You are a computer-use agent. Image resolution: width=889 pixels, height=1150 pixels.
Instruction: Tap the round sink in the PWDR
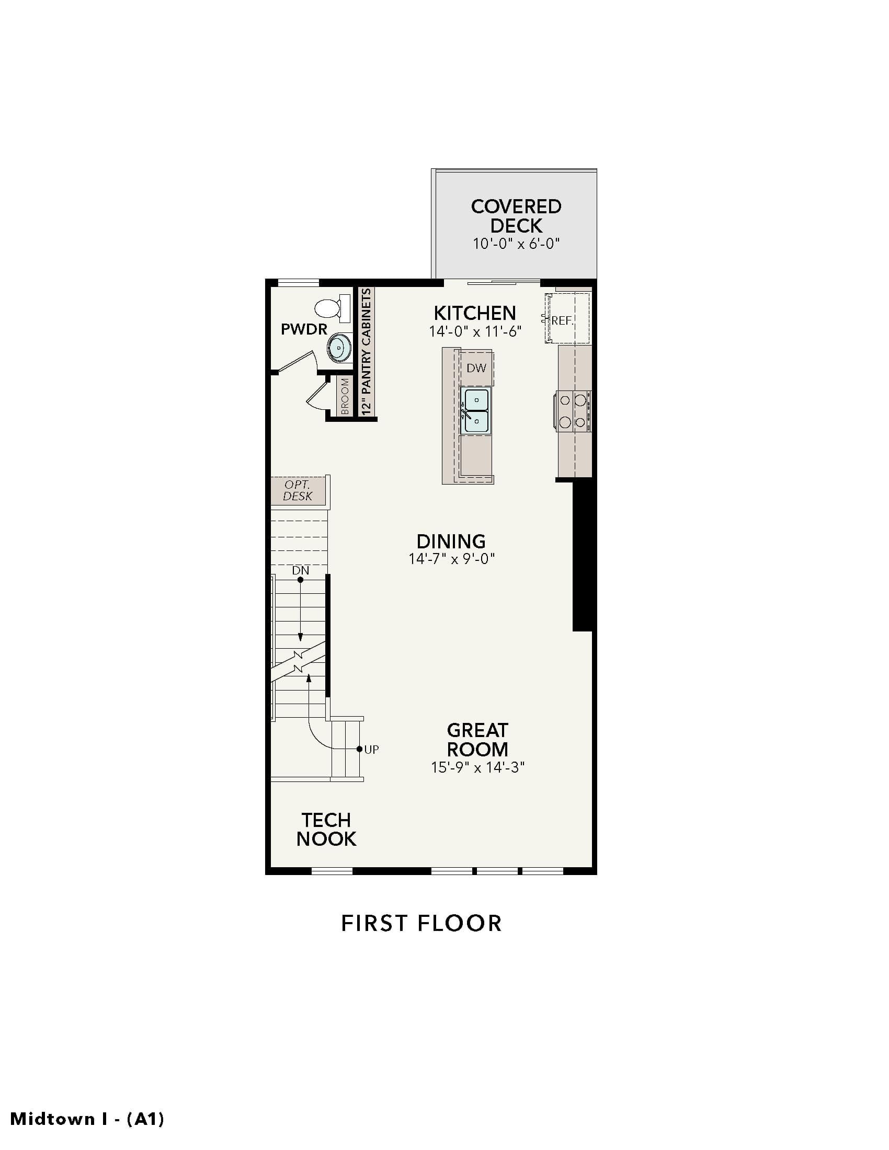pyautogui.click(x=339, y=348)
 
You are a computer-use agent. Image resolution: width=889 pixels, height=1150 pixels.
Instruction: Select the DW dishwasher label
pyautogui.click(x=476, y=368)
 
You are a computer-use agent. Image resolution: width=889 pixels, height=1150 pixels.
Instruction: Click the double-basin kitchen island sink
pyautogui.click(x=475, y=411)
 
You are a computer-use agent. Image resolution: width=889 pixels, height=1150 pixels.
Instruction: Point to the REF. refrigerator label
pyautogui.click(x=562, y=320)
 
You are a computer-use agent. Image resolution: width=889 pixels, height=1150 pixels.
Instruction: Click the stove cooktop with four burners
pyautogui.click(x=573, y=411)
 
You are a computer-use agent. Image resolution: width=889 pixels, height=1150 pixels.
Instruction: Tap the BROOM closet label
pyautogui.click(x=345, y=397)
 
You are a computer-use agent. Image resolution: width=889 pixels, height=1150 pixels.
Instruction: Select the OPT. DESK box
pyautogui.click(x=298, y=490)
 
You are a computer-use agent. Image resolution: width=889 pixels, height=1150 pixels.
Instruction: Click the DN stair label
pyautogui.click(x=301, y=570)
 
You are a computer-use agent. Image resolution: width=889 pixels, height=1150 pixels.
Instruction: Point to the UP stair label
pyautogui.click(x=371, y=749)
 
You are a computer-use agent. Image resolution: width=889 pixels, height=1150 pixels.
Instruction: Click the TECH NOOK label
pyautogui.click(x=326, y=830)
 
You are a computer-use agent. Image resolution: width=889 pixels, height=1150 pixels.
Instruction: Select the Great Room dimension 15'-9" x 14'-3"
pyautogui.click(x=477, y=767)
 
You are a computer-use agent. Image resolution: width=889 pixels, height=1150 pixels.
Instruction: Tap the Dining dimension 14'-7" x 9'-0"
pyautogui.click(x=452, y=558)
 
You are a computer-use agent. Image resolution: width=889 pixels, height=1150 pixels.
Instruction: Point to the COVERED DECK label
pyautogui.click(x=516, y=216)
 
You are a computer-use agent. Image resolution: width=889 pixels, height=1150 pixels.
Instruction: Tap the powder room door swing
pyautogui.click(x=296, y=361)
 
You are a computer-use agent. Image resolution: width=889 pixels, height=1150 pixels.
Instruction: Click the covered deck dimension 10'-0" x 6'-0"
pyautogui.click(x=516, y=243)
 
